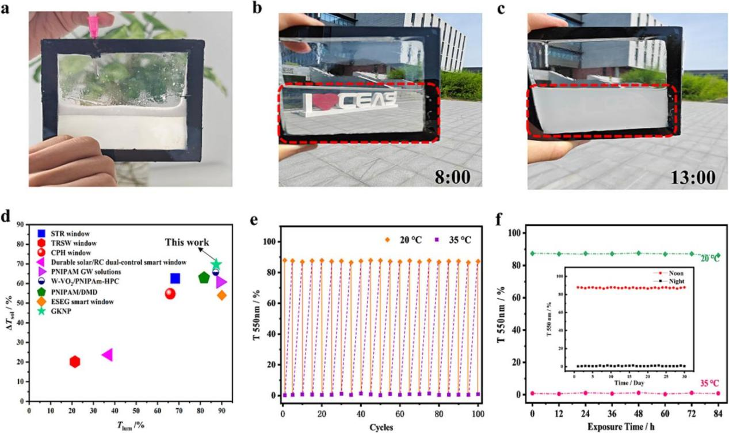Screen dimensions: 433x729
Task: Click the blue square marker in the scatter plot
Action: (175, 279)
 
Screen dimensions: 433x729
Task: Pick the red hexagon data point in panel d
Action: (75, 362)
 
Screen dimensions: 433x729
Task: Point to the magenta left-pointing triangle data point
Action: (107, 355)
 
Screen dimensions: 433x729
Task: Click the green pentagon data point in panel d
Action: (204, 278)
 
